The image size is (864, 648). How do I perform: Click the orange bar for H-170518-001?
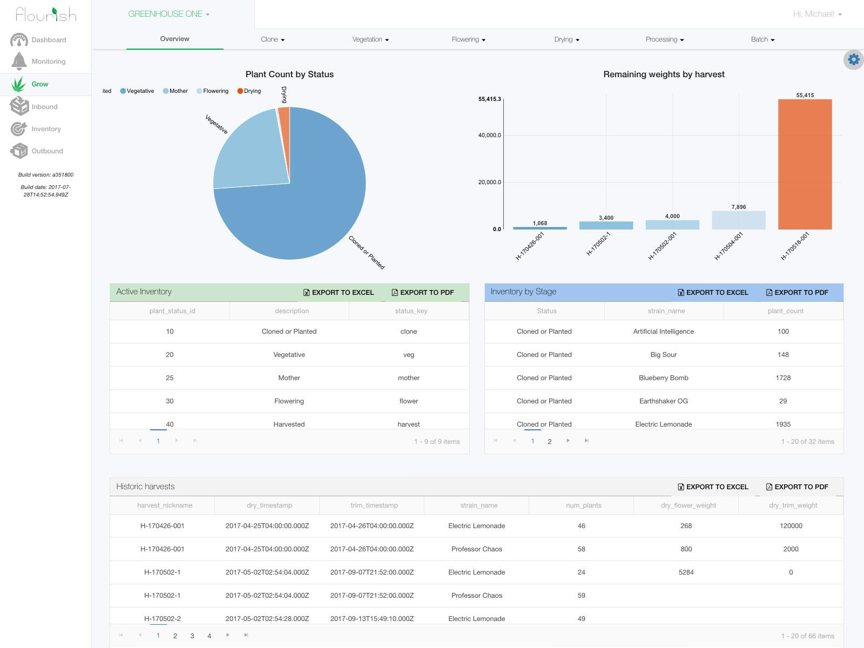point(805,164)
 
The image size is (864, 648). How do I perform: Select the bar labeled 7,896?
point(738,220)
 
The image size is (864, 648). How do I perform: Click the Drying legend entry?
point(249,91)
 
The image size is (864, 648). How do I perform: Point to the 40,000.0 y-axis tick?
point(489,135)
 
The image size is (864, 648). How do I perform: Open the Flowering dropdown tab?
point(468,39)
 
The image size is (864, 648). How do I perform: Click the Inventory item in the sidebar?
point(46,129)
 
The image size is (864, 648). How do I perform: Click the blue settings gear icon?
point(853,59)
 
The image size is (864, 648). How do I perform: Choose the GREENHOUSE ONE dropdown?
point(168,14)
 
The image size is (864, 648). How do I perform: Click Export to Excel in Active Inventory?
point(339,292)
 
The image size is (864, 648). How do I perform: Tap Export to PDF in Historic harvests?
point(797,487)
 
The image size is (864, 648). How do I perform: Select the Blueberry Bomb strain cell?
point(663,378)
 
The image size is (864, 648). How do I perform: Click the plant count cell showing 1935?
point(783,424)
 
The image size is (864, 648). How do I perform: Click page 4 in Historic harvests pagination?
point(209,636)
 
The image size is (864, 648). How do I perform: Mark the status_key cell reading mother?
point(408,378)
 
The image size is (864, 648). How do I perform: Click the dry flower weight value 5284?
point(686,572)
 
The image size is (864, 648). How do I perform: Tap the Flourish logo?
point(46,14)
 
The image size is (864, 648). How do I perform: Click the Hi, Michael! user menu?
point(817,14)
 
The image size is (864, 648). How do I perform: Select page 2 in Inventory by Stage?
point(550,441)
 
